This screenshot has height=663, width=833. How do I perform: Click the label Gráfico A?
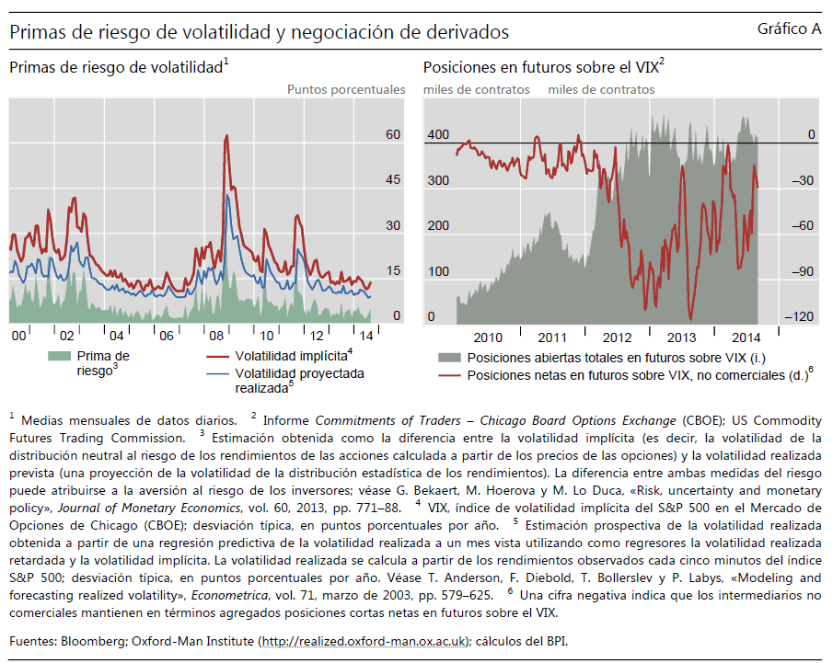[789, 29]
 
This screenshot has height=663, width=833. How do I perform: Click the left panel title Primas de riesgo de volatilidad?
[116, 67]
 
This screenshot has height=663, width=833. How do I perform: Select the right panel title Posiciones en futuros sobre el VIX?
[540, 67]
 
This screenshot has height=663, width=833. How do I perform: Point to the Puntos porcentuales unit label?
[346, 89]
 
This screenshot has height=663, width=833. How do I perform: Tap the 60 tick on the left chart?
[393, 134]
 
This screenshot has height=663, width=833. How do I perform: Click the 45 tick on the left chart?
[393, 180]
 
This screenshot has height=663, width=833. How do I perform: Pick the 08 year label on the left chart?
[216, 335]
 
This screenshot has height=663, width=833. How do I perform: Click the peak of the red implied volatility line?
[226, 136]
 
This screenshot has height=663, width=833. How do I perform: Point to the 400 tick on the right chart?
[438, 135]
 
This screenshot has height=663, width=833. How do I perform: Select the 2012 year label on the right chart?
[617, 337]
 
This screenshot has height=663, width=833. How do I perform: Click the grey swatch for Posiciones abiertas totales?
[448, 358]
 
